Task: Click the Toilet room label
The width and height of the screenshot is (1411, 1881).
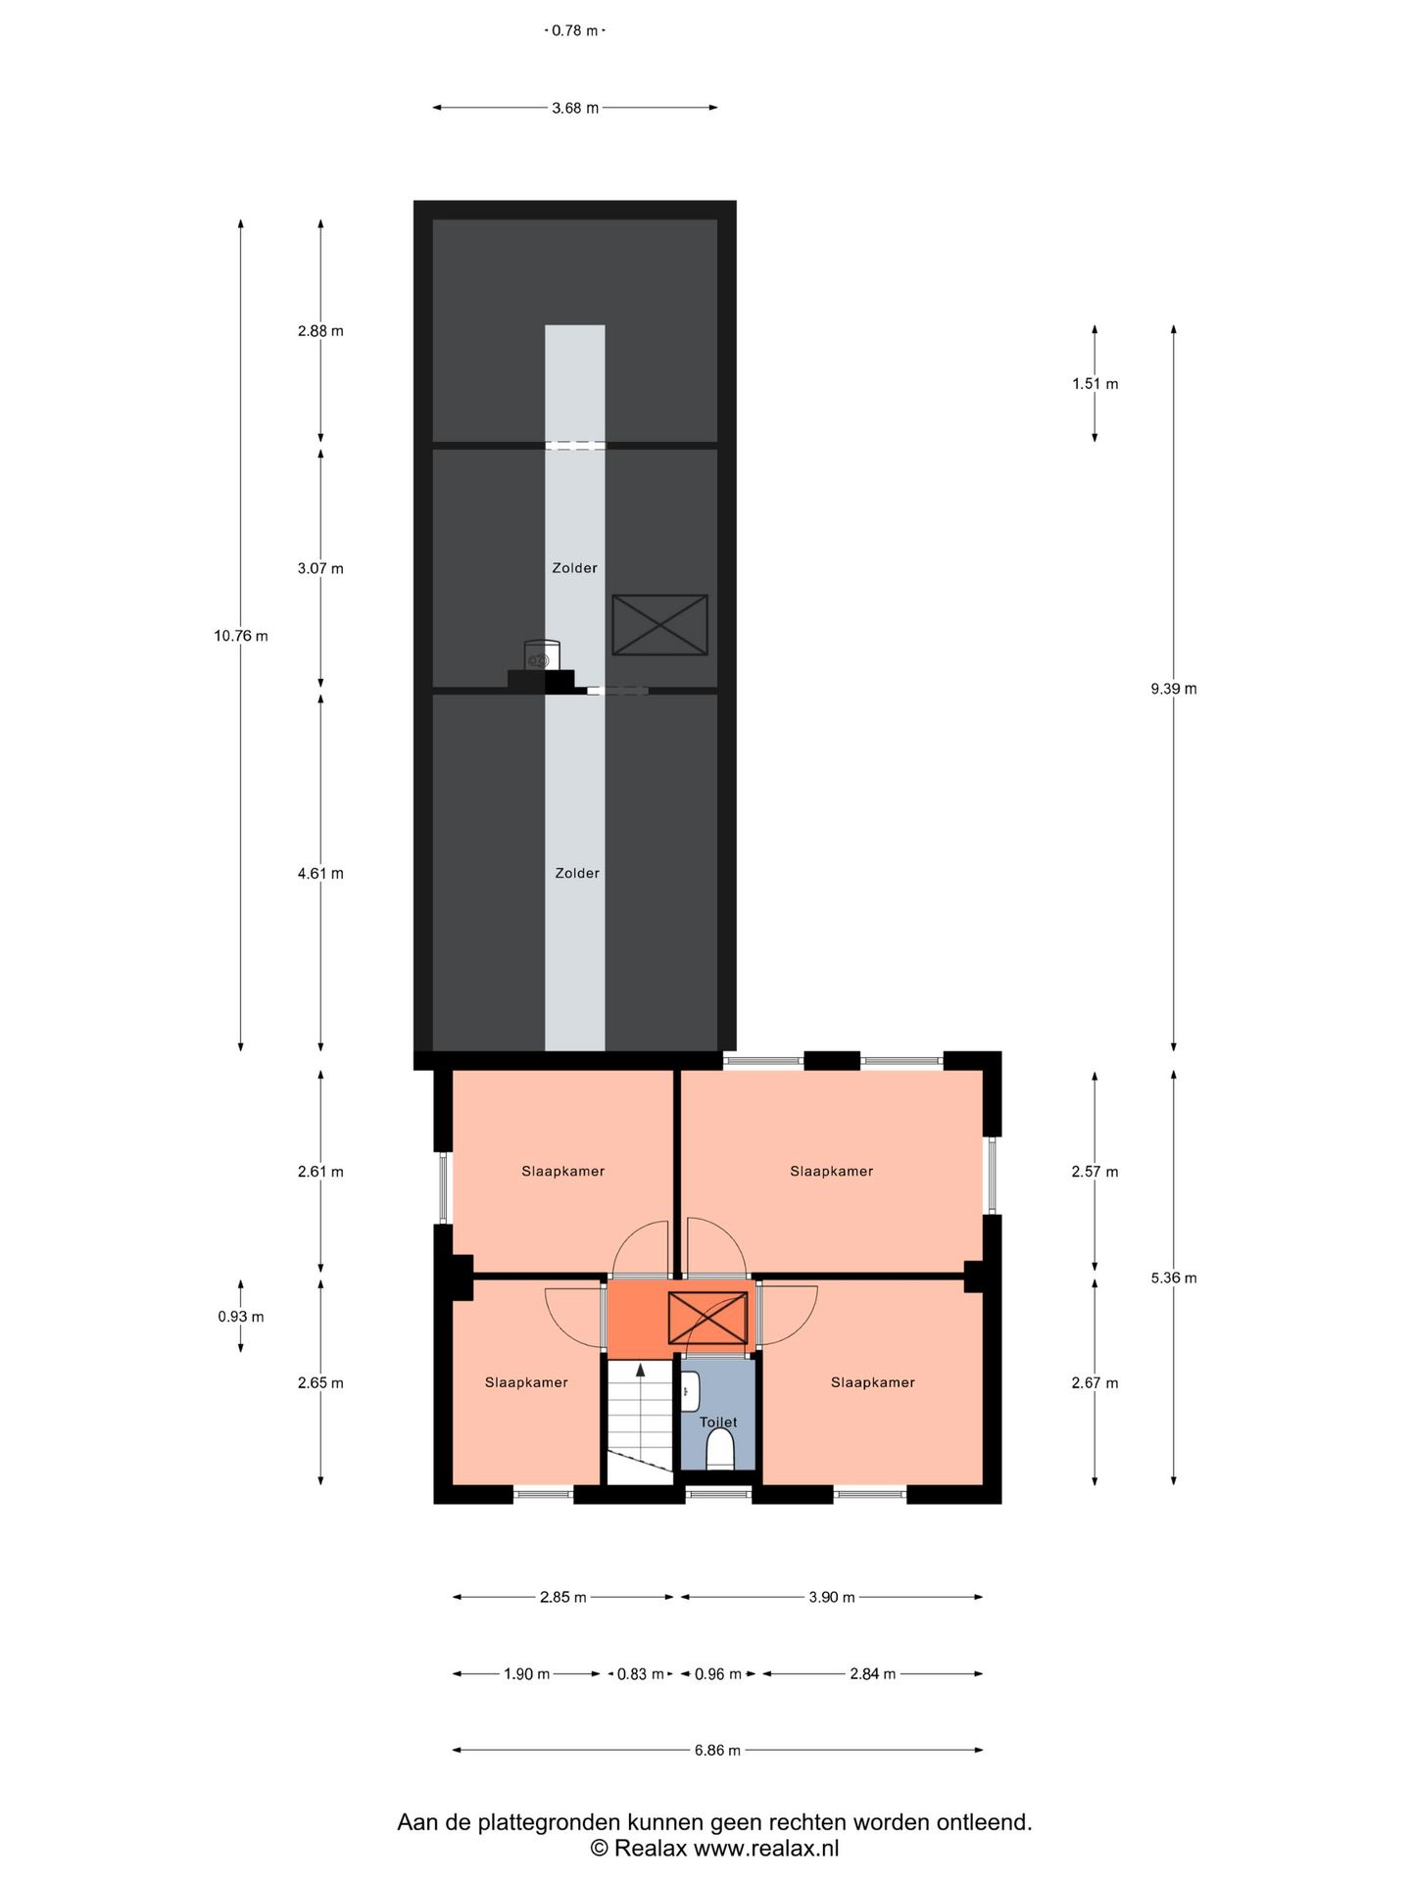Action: point(718,1422)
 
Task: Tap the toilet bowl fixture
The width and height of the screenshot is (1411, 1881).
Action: point(720,1448)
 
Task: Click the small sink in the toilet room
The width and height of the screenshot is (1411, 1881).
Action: point(690,1391)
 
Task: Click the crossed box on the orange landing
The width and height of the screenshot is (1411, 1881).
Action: point(707,1318)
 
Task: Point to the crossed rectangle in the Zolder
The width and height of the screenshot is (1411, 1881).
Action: point(659,624)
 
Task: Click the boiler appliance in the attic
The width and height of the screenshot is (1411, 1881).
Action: point(542,654)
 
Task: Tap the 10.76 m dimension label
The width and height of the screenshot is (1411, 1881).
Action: point(241,636)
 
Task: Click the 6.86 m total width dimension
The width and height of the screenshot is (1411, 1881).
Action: point(717,1750)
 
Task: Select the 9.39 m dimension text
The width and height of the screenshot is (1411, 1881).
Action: point(1174,689)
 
